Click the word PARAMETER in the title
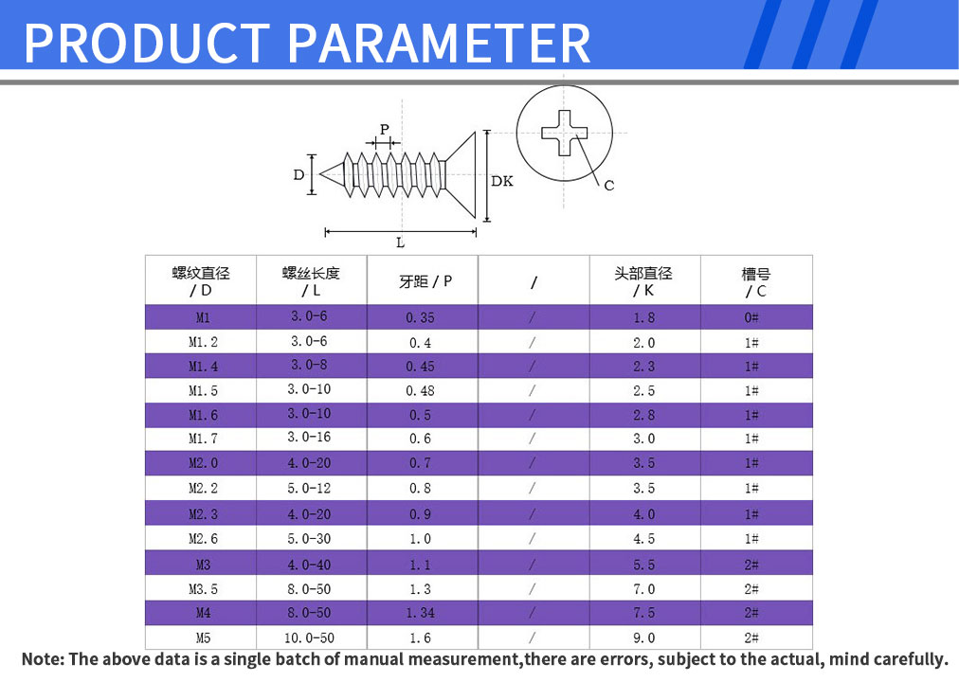[x=439, y=43]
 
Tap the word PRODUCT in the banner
[x=147, y=43]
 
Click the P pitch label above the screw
[x=384, y=130]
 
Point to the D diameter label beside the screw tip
[x=299, y=175]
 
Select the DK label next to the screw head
[x=502, y=181]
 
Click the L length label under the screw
[x=400, y=242]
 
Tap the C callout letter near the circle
[x=609, y=185]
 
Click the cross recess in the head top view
[x=564, y=133]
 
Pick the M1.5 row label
[x=203, y=390]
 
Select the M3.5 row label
[x=203, y=589]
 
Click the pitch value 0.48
[x=420, y=390]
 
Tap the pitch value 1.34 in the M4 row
[x=420, y=613]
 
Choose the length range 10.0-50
[x=309, y=638]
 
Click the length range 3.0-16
[x=309, y=438]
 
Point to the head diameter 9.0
[x=644, y=638]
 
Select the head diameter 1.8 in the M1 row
[x=644, y=317]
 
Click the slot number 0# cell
[x=751, y=317]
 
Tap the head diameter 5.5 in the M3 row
[x=644, y=565]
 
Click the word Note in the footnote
[x=43, y=659]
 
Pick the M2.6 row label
[x=203, y=539]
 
